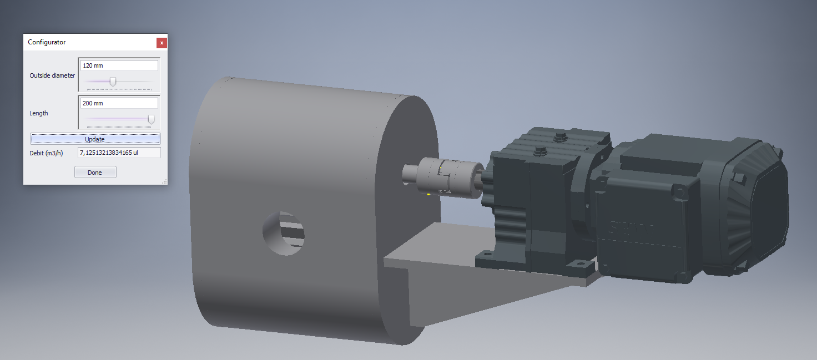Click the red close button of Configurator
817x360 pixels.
[162, 43]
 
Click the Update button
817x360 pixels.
[95, 139]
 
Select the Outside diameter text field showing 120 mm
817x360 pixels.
[119, 65]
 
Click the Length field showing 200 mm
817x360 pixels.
[119, 103]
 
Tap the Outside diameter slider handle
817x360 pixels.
[113, 82]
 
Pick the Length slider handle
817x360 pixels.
[151, 119]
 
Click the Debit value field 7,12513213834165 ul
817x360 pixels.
[119, 153]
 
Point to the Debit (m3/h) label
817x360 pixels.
[47, 153]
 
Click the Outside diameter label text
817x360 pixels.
[52, 75]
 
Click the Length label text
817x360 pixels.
[39, 113]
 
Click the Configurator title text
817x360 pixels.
[47, 42]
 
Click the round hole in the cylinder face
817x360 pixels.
[284, 234]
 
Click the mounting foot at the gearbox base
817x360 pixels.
[488, 258]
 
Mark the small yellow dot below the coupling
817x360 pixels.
[428, 194]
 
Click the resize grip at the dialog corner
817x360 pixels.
[164, 181]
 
